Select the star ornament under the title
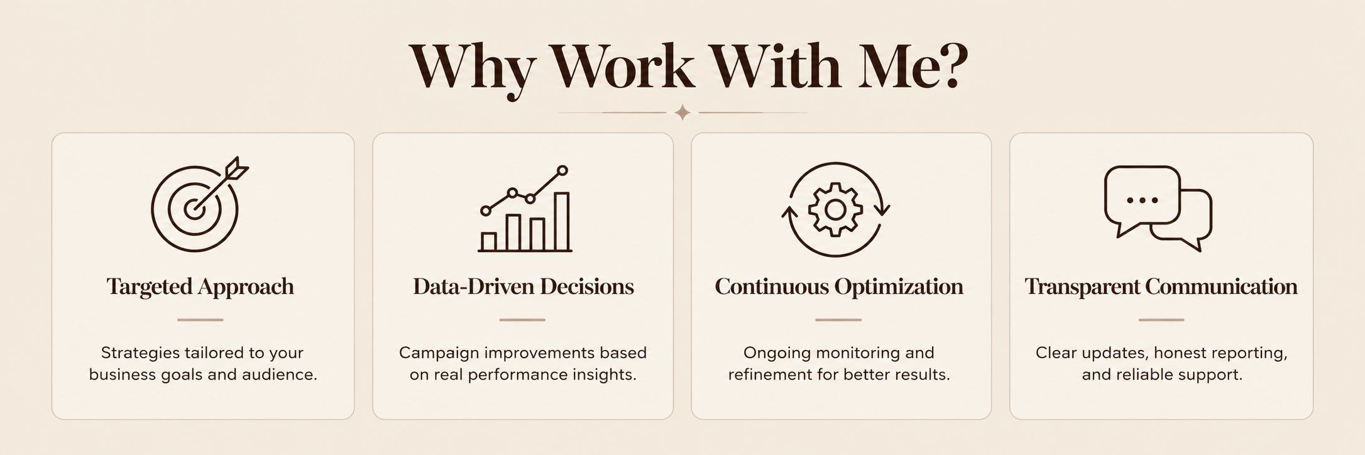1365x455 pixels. [682, 113]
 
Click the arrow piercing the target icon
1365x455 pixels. [221, 184]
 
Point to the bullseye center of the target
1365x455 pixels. [194, 209]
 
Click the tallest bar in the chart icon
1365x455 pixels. [561, 222]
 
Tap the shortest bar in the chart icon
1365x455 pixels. [489, 242]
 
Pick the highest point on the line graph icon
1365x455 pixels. [562, 170]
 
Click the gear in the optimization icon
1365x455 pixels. [835, 209]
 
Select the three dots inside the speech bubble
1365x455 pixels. [1143, 200]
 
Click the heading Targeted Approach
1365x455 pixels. [200, 287]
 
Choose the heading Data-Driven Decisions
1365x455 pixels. [524, 287]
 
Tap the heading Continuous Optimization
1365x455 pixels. [839, 287]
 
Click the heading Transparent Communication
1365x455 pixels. [1161, 287]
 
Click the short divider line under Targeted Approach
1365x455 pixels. [200, 320]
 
